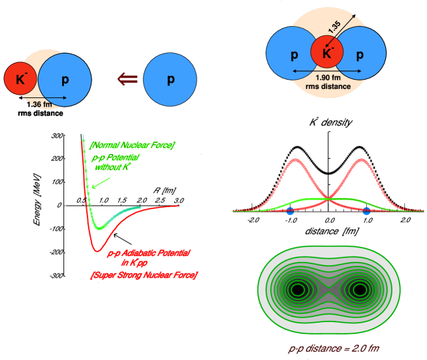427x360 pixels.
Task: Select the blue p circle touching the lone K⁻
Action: (64, 80)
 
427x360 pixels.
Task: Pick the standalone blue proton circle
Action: (170, 80)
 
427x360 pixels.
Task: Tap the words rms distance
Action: (327, 86)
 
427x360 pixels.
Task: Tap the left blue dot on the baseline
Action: (290, 211)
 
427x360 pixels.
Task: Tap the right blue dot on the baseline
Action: (366, 211)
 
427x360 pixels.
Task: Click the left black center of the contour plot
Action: (298, 289)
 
